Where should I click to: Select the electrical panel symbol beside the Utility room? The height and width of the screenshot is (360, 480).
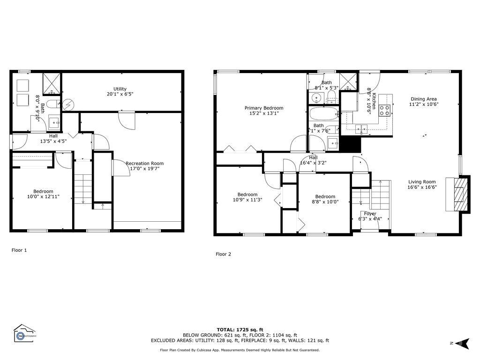click(68, 104)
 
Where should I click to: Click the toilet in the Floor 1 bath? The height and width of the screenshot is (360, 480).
click(52, 104)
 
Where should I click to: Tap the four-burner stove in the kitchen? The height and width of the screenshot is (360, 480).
click(385, 110)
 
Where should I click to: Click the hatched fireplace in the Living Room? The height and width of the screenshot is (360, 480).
click(458, 194)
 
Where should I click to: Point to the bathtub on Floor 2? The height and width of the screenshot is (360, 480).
click(323, 114)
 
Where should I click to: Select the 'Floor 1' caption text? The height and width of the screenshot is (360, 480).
click(19, 250)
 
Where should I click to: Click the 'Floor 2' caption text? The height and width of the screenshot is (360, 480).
click(223, 254)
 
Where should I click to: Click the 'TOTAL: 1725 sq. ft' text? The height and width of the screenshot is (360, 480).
click(240, 330)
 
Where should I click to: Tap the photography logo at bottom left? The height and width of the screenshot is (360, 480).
click(24, 334)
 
